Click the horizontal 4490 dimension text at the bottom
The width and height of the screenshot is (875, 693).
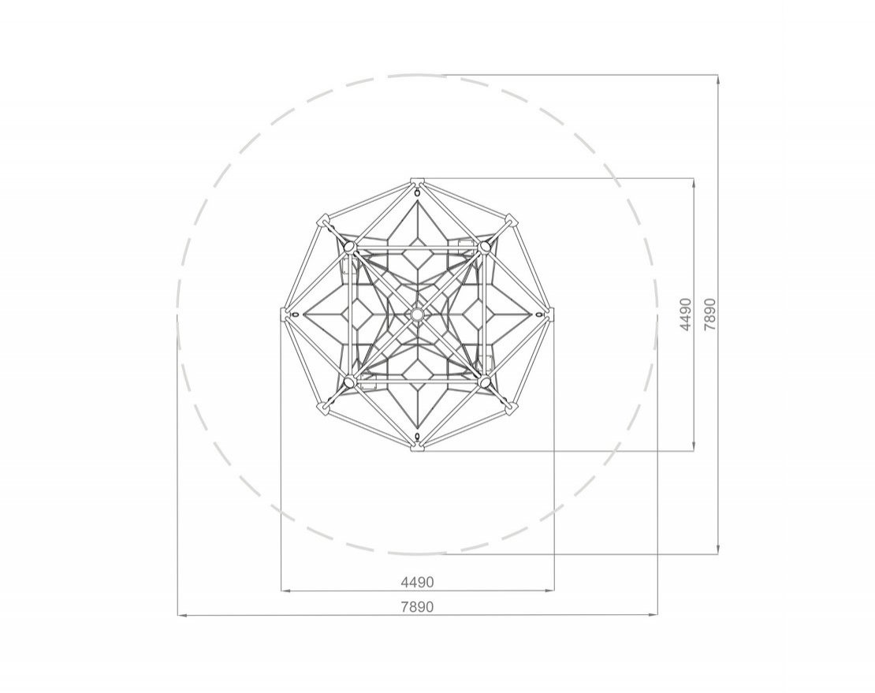click(417, 582)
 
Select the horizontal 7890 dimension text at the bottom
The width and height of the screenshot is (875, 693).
click(417, 606)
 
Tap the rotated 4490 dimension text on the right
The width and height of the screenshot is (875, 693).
click(687, 314)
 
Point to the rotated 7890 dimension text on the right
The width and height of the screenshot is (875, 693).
click(709, 314)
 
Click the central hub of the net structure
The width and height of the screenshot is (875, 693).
click(416, 314)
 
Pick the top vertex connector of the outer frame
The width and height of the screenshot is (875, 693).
click(417, 181)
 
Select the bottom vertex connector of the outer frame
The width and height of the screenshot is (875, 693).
click(417, 446)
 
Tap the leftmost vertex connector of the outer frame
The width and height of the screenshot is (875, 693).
click(285, 314)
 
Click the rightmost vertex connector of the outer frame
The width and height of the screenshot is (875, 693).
click(549, 314)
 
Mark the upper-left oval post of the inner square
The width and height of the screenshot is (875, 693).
click(349, 246)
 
